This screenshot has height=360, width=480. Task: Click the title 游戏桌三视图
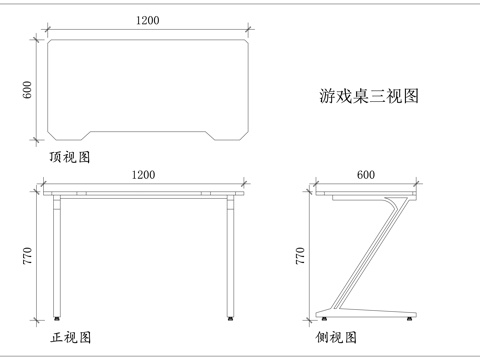[x=367, y=97]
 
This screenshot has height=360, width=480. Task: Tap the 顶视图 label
[x=69, y=158]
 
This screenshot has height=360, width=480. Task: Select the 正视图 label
[x=70, y=338]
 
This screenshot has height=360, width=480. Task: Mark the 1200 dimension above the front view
[x=143, y=175]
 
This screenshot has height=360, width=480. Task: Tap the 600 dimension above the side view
[x=366, y=175]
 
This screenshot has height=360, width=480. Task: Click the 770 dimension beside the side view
[x=300, y=257]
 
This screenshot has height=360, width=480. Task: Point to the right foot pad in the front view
[x=232, y=319]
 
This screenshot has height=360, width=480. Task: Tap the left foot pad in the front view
[x=58, y=319]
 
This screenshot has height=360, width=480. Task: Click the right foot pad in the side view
[x=409, y=320]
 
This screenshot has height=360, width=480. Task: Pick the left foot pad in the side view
[x=324, y=320]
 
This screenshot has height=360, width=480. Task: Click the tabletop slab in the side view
[x=365, y=191]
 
